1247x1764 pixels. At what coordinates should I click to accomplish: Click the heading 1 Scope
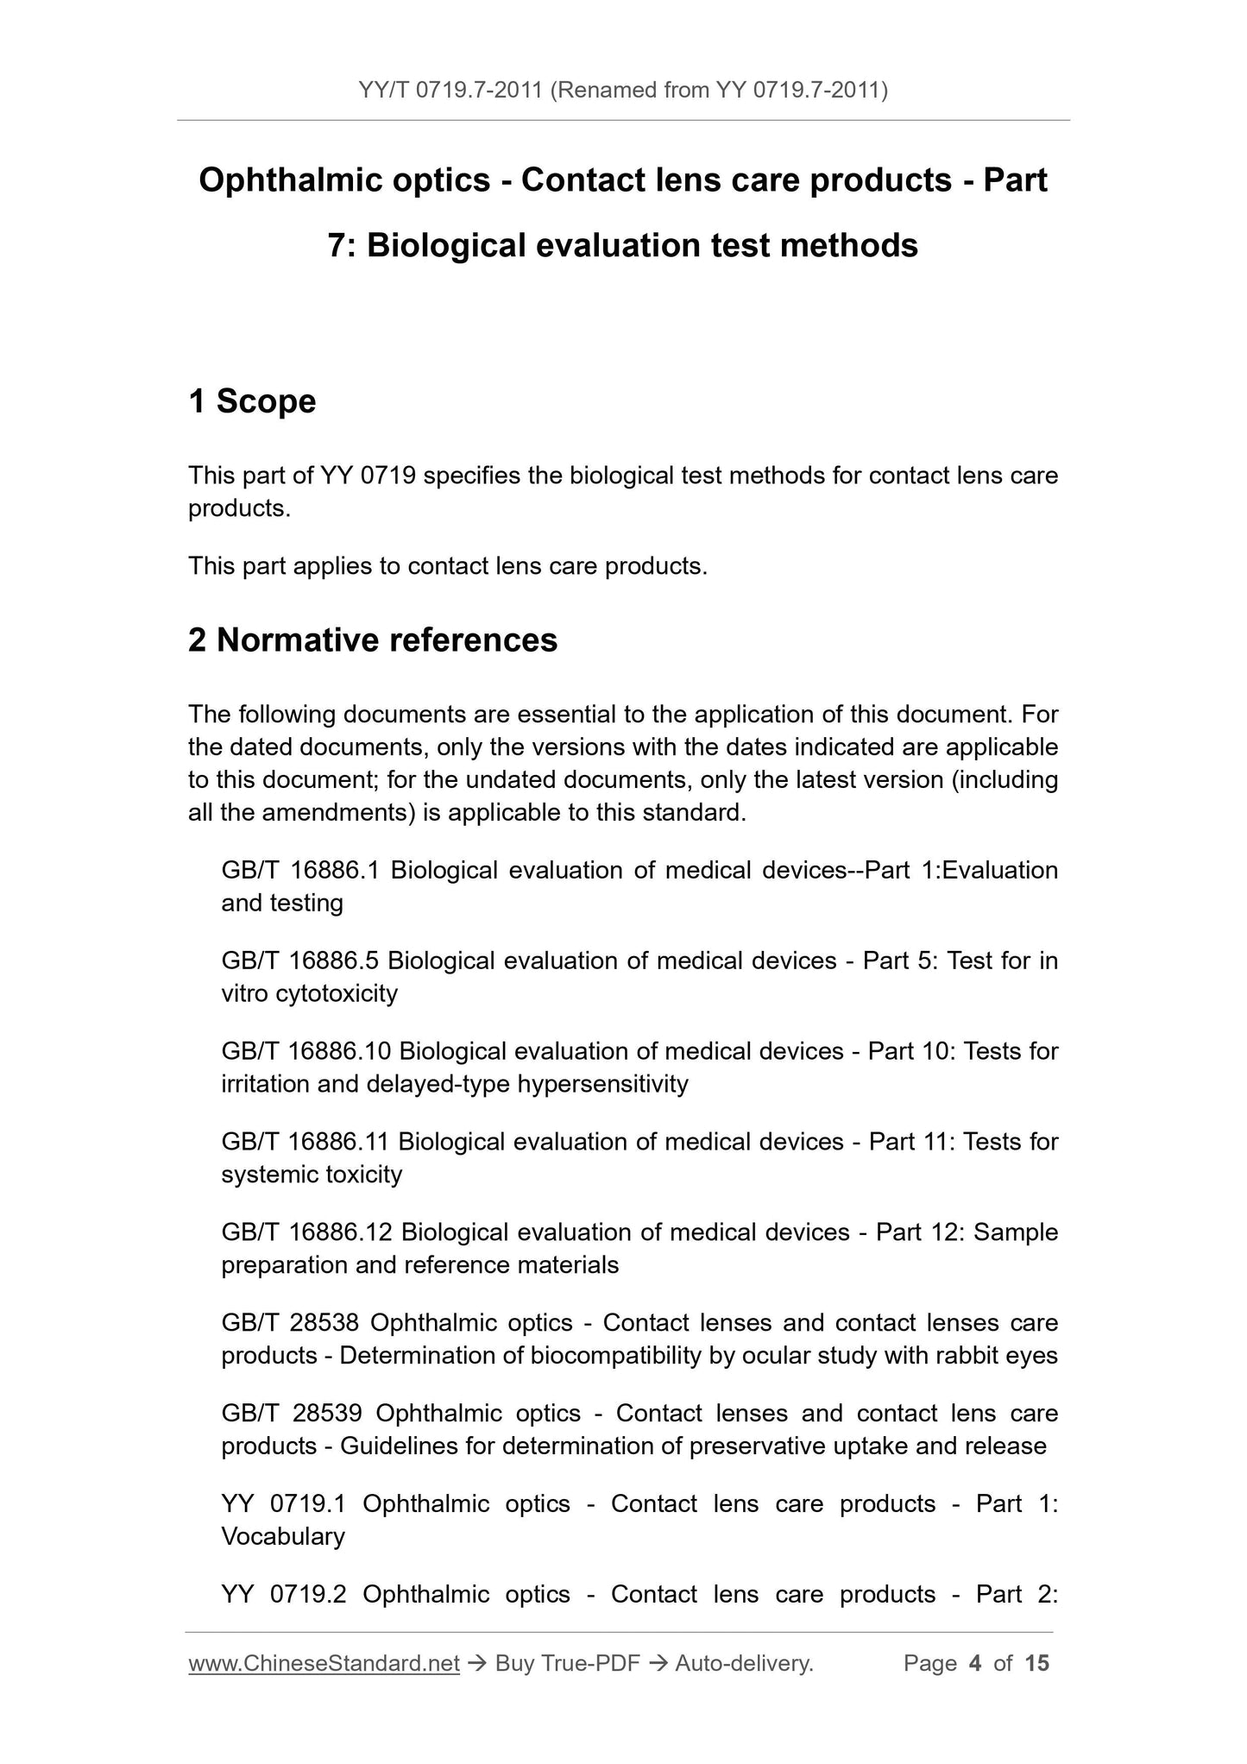coord(252,401)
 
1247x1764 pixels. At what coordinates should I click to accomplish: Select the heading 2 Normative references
coord(373,640)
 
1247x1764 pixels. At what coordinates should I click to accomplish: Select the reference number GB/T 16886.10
coord(305,1051)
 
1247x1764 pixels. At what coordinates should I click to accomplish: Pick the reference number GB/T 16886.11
coord(305,1142)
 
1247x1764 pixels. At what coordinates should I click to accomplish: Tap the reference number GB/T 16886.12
coord(306,1232)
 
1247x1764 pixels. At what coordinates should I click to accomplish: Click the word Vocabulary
coord(283,1536)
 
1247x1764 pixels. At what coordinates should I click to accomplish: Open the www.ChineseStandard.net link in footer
coord(324,1663)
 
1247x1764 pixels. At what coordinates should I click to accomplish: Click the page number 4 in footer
coord(975,1663)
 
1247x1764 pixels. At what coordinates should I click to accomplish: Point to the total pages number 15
coord(1036,1663)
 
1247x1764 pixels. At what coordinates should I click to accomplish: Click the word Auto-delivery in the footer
coord(743,1663)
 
